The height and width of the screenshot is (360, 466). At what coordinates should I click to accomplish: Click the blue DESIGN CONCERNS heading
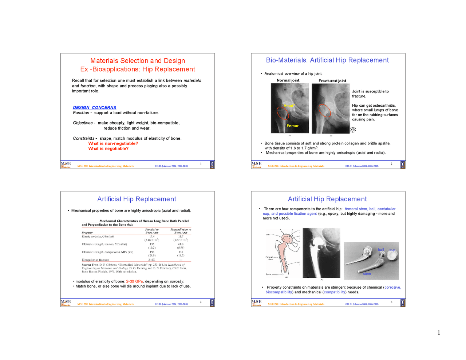(94, 107)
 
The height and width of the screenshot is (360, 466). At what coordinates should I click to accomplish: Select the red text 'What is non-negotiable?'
(113, 143)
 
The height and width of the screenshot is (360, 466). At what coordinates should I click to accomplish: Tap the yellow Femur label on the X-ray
(292, 126)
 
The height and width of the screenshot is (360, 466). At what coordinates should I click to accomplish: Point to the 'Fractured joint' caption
(332, 81)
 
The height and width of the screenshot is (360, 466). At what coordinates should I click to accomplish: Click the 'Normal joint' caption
(288, 80)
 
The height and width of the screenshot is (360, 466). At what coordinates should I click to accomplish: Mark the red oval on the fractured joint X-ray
(325, 111)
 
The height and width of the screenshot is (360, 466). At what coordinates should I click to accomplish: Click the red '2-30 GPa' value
(134, 281)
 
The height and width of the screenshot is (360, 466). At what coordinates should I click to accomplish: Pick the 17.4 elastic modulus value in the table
(152, 237)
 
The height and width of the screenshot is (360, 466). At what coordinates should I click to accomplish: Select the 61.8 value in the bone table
(181, 244)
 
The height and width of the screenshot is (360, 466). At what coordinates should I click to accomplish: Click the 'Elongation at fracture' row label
(95, 260)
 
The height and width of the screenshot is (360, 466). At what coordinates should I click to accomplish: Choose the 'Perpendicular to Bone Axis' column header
(181, 231)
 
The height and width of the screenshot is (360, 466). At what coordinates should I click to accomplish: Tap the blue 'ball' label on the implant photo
(381, 250)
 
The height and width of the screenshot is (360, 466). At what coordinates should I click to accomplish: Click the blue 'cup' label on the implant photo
(392, 250)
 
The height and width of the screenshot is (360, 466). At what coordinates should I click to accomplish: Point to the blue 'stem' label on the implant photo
(367, 274)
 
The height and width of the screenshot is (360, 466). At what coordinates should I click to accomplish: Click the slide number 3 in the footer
(201, 302)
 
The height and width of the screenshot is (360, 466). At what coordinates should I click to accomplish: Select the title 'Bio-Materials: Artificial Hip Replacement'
(327, 60)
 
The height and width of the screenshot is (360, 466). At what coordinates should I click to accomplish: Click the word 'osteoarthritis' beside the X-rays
(383, 106)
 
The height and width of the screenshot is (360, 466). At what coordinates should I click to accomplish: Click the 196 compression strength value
(152, 252)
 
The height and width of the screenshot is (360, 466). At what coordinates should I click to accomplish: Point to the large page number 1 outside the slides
(439, 332)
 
